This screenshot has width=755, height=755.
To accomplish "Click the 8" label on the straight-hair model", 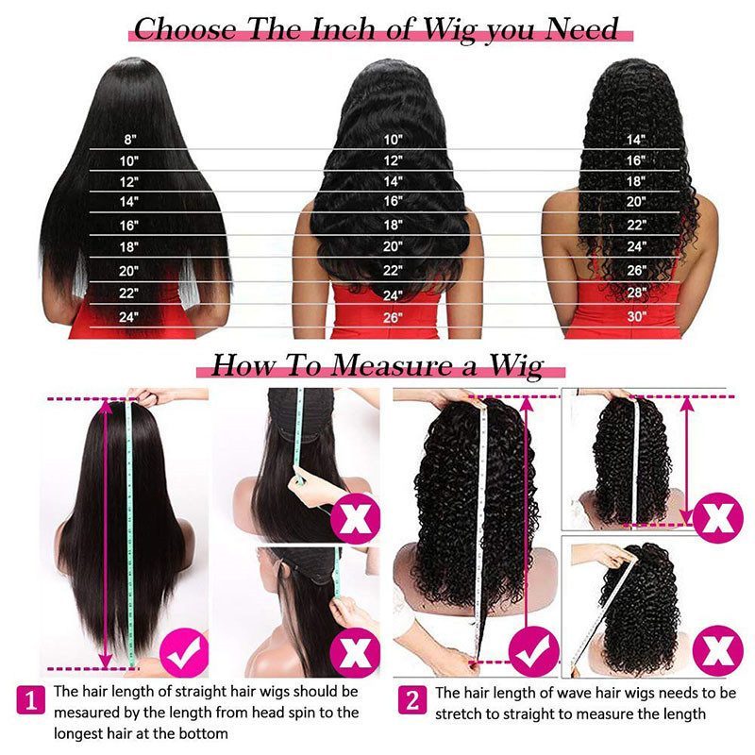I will tap(129, 139).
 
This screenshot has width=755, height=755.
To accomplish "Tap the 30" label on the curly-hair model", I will tap(637, 316).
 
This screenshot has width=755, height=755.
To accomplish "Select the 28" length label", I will tap(637, 294).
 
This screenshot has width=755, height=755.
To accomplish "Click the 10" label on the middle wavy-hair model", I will tap(393, 139).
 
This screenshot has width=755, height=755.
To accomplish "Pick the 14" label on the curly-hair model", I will tap(637, 139).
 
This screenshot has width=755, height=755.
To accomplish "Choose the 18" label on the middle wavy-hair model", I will tap(393, 225).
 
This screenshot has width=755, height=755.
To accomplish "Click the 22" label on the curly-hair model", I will tap(637, 225).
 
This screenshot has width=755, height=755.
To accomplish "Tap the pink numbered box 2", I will tap(412, 701).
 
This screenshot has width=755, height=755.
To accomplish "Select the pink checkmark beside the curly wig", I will tap(533, 651).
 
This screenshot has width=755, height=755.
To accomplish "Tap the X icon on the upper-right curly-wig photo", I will tap(718, 516).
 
